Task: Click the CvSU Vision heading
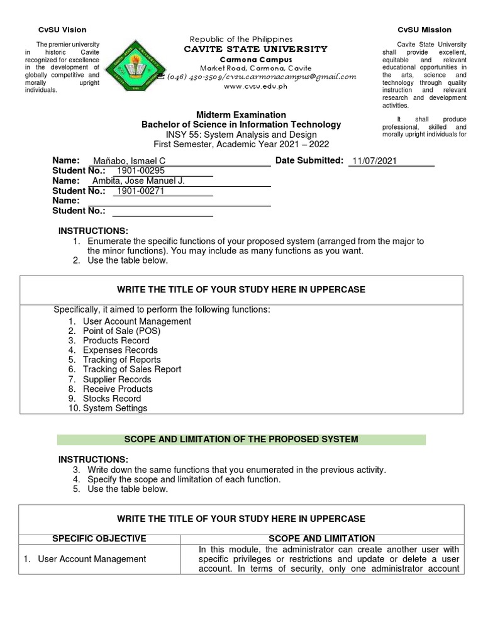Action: click(62, 30)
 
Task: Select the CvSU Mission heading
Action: click(424, 30)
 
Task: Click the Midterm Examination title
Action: click(241, 114)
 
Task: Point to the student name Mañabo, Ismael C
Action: click(128, 161)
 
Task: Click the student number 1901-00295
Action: click(140, 171)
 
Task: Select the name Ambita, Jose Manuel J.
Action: click(139, 181)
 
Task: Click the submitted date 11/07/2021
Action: click(374, 161)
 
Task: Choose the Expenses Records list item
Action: click(120, 350)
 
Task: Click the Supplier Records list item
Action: click(117, 379)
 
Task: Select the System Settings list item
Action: click(115, 408)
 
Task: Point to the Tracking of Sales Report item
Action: click(132, 370)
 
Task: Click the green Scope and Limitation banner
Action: click(241, 439)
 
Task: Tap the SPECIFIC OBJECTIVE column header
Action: click(99, 539)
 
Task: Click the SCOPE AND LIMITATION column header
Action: click(321, 539)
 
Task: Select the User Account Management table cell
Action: click(92, 559)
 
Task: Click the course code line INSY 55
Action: click(241, 135)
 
